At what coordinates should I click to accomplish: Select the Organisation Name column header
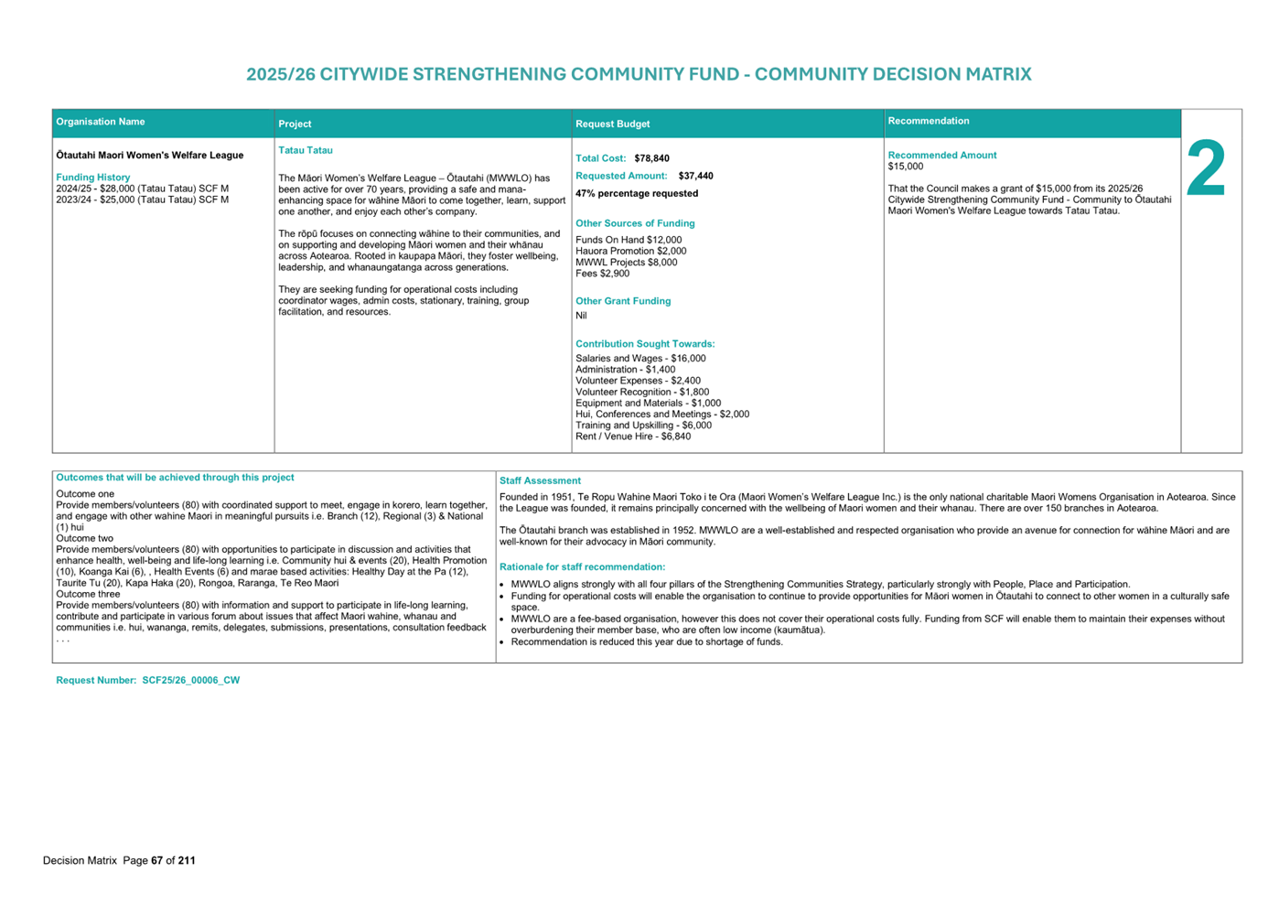click(x=101, y=122)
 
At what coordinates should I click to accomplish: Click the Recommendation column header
click(x=929, y=121)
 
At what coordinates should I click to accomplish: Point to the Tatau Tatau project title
click(x=306, y=150)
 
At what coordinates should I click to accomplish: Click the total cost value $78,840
click(x=651, y=158)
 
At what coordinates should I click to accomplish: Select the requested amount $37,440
click(x=695, y=176)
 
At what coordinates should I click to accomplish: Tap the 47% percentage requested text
click(x=637, y=193)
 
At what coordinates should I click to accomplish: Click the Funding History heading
click(x=93, y=178)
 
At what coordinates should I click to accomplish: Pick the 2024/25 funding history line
click(x=143, y=189)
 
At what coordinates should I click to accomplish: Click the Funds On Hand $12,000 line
click(x=629, y=240)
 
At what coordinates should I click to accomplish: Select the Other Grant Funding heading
click(x=623, y=301)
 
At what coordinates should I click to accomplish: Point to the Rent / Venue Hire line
click(x=633, y=436)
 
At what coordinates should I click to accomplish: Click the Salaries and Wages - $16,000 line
click(x=640, y=359)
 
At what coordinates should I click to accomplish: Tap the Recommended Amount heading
click(x=942, y=156)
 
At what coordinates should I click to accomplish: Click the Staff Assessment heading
click(x=540, y=480)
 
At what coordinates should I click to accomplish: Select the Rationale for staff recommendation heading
click(x=582, y=567)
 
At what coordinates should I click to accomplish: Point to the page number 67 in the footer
click(x=157, y=860)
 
